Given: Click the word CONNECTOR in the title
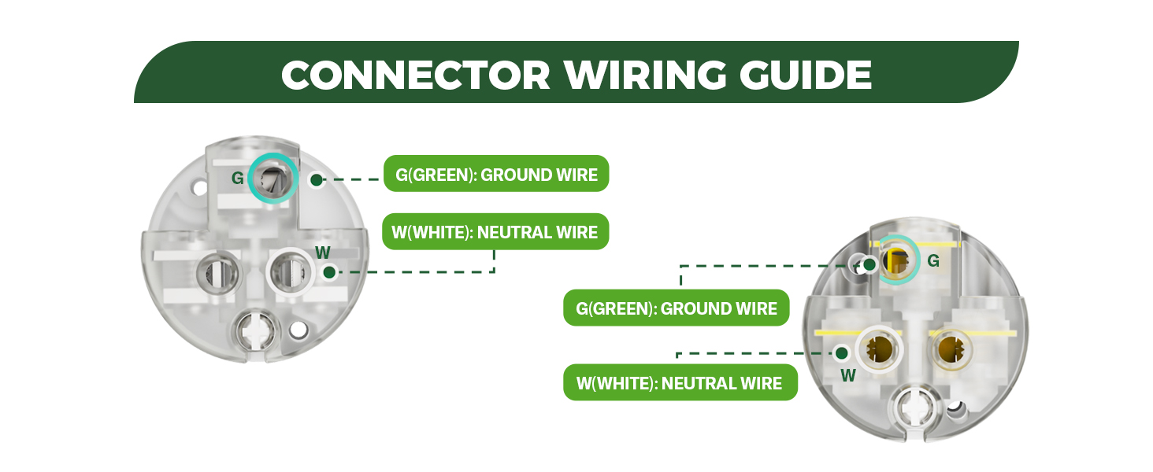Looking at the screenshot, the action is pyautogui.click(x=416, y=75).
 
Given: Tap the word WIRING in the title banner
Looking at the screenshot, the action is pyautogui.click(x=645, y=75).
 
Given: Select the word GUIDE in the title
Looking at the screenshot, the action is pyautogui.click(x=806, y=75).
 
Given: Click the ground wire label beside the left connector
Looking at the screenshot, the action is pyautogui.click(x=496, y=174).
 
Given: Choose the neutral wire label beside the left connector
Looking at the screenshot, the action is pyautogui.click(x=495, y=232).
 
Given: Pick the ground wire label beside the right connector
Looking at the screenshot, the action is pyautogui.click(x=677, y=308).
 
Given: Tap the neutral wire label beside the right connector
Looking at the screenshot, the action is pyautogui.click(x=680, y=382).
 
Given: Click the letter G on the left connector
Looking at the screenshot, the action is pyautogui.click(x=237, y=178).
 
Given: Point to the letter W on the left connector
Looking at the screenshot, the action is pyautogui.click(x=323, y=253).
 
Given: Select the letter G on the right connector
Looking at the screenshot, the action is pyautogui.click(x=933, y=260).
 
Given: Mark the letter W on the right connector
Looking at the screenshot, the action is pyautogui.click(x=848, y=375).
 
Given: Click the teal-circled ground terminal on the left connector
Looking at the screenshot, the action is pyautogui.click(x=272, y=178).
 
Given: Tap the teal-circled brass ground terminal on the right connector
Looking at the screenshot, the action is pyautogui.click(x=898, y=260).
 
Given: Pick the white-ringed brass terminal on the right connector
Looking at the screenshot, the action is pyautogui.click(x=880, y=350).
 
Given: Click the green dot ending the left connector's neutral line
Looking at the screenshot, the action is pyautogui.click(x=329, y=272).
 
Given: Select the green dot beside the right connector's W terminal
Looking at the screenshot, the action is pyautogui.click(x=842, y=353).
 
